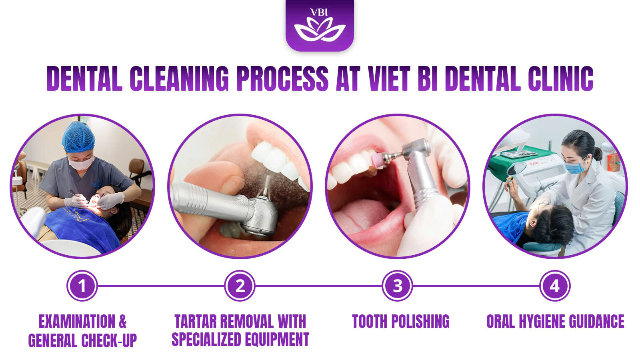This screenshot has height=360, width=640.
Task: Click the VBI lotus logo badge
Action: tap(320, 25)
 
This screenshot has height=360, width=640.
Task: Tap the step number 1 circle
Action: tap(82, 286)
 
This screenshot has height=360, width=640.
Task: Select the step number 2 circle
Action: tap(240, 286)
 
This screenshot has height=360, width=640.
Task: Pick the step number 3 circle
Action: tap(398, 286)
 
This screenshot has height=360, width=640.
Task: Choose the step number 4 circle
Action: tap(555, 286)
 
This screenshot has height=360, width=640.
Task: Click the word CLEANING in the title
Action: tap(180, 78)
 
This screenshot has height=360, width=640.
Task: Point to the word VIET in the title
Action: tap(389, 78)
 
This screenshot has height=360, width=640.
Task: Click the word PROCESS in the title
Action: tap(282, 78)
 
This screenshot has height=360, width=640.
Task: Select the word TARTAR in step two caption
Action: tap(196, 322)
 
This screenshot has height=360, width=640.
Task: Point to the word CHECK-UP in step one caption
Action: tap(109, 340)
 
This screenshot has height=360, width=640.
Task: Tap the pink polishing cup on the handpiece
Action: tap(377, 160)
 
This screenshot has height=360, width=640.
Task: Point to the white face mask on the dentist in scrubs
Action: tap(81, 163)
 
